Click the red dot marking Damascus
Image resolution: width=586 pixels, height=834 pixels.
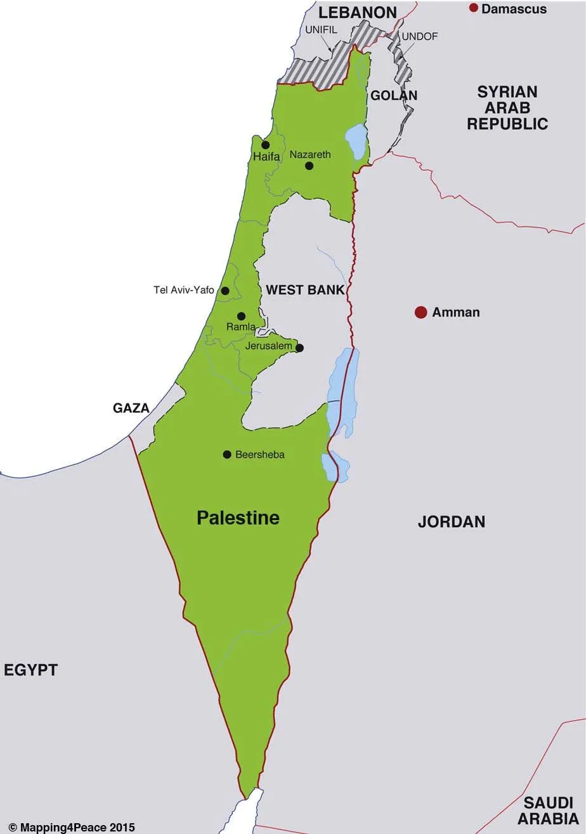[473, 8]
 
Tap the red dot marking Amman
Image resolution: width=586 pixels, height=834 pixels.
[420, 312]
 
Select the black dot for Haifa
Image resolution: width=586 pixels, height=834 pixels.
[266, 145]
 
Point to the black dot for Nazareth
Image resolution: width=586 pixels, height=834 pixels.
[309, 166]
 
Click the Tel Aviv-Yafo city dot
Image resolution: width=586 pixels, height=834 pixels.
[225, 291]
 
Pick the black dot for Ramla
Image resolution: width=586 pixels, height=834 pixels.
[241, 316]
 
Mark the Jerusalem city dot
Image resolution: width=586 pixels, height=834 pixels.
[300, 348]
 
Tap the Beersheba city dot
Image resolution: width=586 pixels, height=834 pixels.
[227, 454]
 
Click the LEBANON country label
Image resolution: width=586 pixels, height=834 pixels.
[358, 12]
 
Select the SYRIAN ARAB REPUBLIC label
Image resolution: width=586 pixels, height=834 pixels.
[507, 108]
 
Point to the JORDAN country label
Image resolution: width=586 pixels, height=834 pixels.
[452, 522]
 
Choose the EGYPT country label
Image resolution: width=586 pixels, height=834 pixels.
[30, 670]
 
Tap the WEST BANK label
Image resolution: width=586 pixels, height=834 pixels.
[305, 290]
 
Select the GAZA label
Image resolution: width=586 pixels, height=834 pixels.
[131, 408]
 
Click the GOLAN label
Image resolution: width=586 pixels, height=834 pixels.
[394, 96]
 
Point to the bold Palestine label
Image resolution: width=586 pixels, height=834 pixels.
[238, 518]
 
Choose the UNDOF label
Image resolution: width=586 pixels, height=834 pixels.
[419, 37]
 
